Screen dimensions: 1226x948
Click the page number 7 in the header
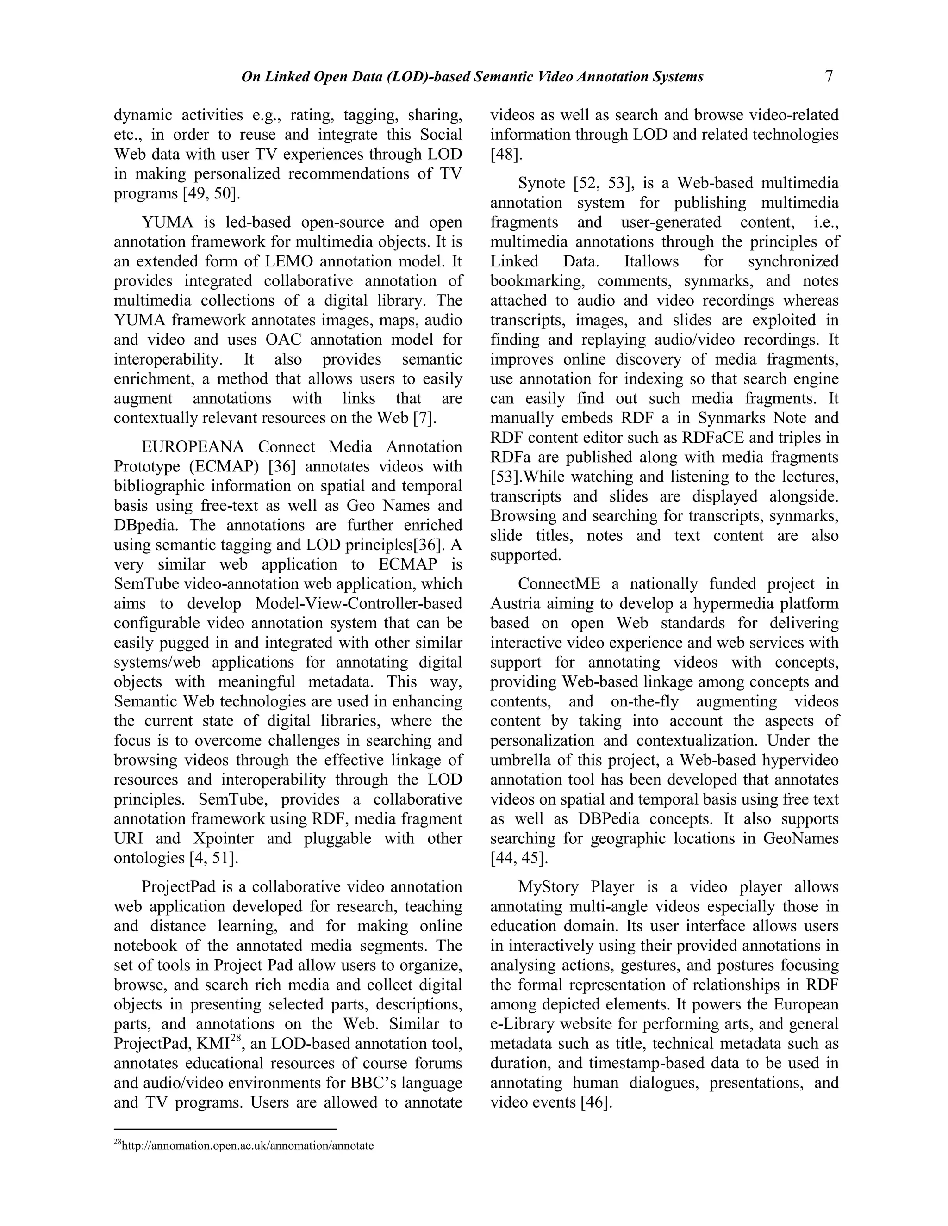pyautogui.click(x=829, y=76)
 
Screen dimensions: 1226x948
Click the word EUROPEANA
pyautogui.click(x=193, y=447)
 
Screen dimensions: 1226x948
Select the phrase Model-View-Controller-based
pyautogui.click(x=358, y=603)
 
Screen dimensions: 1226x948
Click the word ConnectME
pyautogui.click(x=559, y=584)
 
